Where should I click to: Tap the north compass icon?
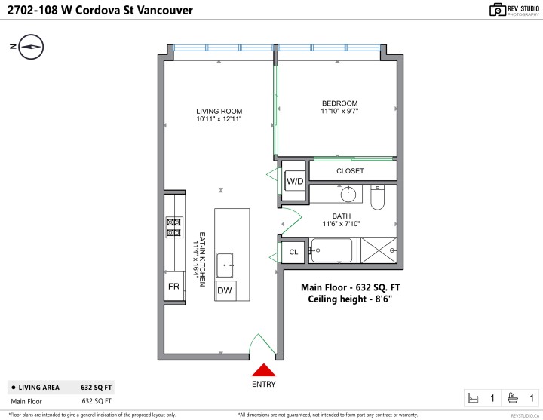[x=30, y=46]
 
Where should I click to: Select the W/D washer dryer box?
[x=294, y=182]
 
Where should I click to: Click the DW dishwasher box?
[x=225, y=290]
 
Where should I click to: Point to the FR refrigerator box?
[x=173, y=287]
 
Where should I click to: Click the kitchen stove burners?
[x=173, y=227]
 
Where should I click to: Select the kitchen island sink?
[x=225, y=265]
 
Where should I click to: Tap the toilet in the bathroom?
[x=378, y=197]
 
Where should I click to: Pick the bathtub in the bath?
[x=333, y=250]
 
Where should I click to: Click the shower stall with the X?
[x=378, y=250]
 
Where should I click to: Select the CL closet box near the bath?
[x=293, y=252]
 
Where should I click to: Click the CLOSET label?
[x=350, y=171]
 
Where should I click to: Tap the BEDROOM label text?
[x=339, y=103]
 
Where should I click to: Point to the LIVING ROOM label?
[x=219, y=111]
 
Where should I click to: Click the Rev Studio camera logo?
[x=497, y=10]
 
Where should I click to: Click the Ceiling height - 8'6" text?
[x=350, y=299]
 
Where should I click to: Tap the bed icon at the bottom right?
[x=474, y=397]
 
